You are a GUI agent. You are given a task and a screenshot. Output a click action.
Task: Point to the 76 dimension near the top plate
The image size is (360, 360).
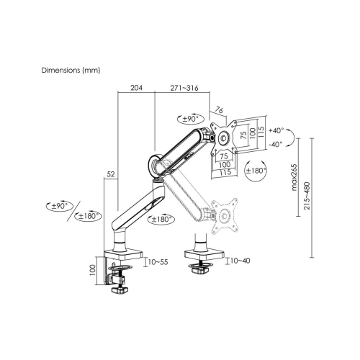point(220,110)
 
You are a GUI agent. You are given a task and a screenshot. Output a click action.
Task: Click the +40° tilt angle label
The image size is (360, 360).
point(276,131)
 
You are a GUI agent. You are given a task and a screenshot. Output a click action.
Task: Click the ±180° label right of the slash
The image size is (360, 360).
point(89,216)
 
